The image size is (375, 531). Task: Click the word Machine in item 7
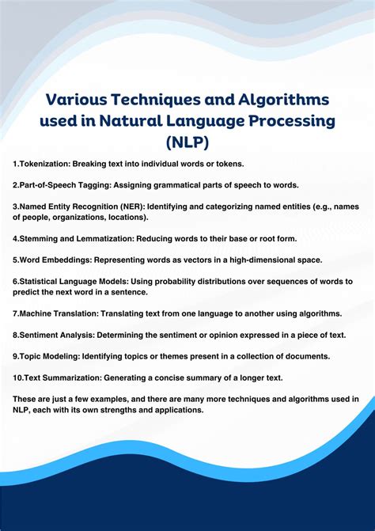click(x=36, y=313)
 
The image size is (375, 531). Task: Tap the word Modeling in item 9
click(x=60, y=355)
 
